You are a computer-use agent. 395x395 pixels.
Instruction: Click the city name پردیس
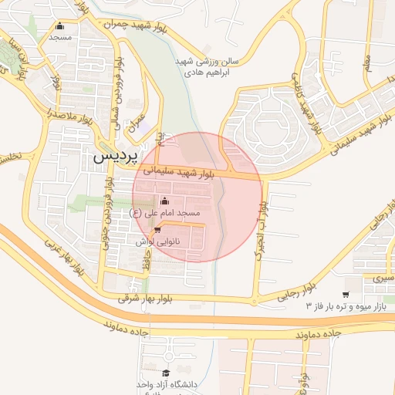(x=115, y=155)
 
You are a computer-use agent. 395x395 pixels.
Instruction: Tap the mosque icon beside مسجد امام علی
(x=164, y=201)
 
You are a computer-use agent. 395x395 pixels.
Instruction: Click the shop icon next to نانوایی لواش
(x=158, y=230)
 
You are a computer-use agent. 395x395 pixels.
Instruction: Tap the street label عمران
(x=137, y=123)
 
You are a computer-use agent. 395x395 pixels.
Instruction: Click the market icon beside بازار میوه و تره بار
(x=345, y=294)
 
